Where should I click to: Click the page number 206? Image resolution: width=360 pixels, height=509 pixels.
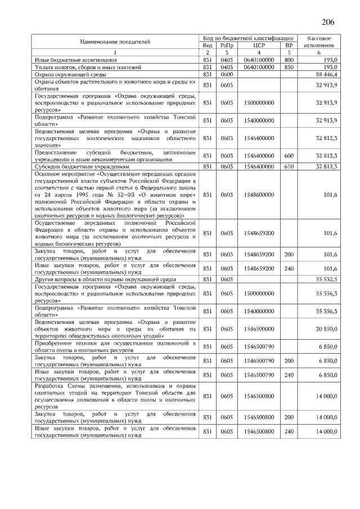click(328, 22)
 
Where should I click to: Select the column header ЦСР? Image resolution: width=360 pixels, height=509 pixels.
click(259, 45)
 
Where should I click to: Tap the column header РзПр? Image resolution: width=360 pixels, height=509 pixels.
click(227, 45)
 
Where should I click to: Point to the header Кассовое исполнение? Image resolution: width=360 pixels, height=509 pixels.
click(319, 41)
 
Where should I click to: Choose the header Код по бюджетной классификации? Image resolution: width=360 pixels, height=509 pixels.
click(248, 37)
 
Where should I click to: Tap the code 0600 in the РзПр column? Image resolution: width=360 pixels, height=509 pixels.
click(227, 74)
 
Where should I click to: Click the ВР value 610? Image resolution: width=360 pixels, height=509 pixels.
click(289, 167)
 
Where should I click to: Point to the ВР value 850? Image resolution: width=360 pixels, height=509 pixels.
click(289, 67)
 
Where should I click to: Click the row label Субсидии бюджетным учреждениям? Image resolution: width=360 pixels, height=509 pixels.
click(82, 167)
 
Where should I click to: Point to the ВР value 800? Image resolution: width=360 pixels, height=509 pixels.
click(289, 60)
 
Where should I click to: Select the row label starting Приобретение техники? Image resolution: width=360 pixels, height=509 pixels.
click(115, 346)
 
